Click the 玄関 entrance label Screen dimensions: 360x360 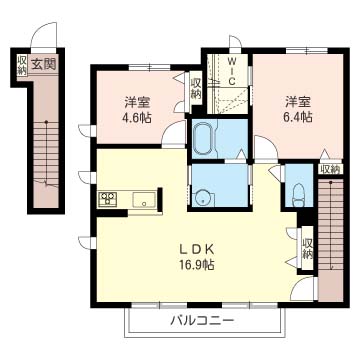tap(43, 63)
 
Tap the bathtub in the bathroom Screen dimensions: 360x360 tap(205, 139)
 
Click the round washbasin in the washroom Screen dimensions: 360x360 tap(201, 198)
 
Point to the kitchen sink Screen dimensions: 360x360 tap(144, 200)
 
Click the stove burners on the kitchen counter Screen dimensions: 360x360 tap(107, 199)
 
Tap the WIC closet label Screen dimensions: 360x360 tap(232, 71)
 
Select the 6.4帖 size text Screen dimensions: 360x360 tap(298, 117)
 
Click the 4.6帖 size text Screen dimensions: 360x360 tap(138, 118)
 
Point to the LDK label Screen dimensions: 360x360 tap(196, 249)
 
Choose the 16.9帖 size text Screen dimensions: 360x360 tap(196, 265)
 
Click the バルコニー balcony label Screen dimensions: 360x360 tap(202, 321)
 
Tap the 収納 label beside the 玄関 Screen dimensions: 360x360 tap(22, 66)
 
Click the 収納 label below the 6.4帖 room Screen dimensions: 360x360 tap(330, 169)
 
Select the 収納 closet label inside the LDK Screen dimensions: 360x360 tap(308, 248)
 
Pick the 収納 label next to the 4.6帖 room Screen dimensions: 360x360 tap(196, 88)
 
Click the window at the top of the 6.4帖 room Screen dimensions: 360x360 tap(307, 51)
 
